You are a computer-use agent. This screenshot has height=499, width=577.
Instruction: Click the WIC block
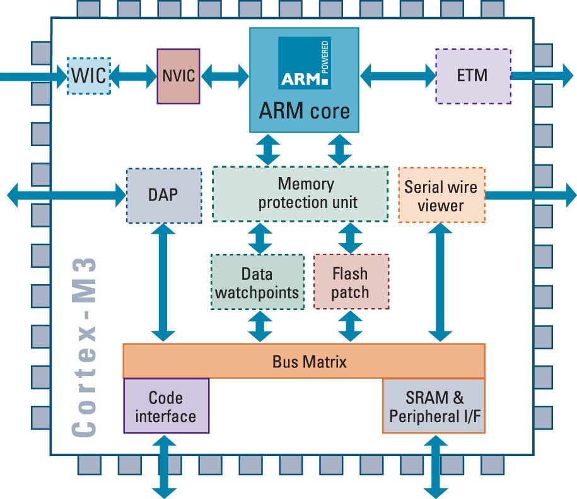click(89, 76)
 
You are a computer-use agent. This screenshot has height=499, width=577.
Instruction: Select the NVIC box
click(178, 76)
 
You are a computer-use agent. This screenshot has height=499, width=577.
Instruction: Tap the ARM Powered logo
click(304, 63)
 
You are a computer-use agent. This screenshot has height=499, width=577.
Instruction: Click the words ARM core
click(304, 112)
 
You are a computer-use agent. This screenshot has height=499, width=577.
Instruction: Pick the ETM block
click(472, 76)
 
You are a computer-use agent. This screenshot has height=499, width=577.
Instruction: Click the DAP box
click(163, 195)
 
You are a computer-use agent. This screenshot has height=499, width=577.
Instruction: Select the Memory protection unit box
click(300, 193)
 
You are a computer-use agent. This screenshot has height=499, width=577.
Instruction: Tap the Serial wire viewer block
click(441, 195)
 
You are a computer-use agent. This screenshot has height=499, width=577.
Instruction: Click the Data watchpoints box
click(257, 283)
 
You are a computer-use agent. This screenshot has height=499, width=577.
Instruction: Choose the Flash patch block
click(350, 283)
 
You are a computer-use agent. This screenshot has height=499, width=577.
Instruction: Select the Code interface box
click(166, 406)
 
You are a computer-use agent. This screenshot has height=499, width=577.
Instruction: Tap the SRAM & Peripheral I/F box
click(434, 406)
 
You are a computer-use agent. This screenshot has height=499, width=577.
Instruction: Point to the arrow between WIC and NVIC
click(134, 76)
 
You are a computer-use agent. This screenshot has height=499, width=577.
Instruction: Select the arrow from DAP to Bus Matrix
click(163, 284)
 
